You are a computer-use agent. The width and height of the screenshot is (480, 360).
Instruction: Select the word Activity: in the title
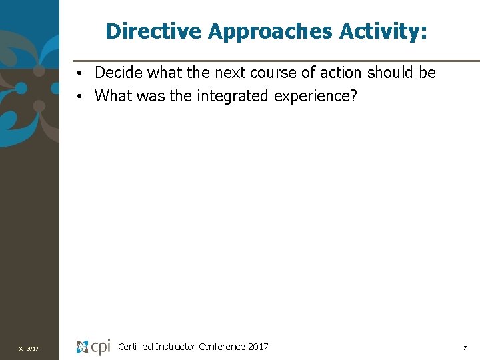[383, 31]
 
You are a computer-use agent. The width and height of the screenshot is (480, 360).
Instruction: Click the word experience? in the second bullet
[313, 96]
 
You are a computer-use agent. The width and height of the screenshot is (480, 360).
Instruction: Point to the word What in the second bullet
[114, 96]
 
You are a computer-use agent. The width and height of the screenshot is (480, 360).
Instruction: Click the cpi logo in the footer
[93, 347]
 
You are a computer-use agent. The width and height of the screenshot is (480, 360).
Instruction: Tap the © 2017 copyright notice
[29, 349]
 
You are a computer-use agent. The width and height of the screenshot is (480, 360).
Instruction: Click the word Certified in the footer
[135, 347]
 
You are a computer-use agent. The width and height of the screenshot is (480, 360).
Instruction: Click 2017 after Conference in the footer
[258, 347]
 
